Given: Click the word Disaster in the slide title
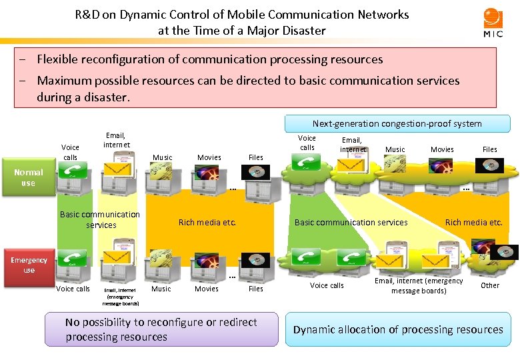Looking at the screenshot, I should tap(303, 31).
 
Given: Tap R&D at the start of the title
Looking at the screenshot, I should tap(87, 14).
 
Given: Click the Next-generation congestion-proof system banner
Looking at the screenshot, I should tap(397, 123).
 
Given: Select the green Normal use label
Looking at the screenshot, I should tap(28, 177).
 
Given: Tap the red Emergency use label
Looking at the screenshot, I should tap(29, 265).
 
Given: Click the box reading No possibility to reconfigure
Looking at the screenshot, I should tap(161, 329).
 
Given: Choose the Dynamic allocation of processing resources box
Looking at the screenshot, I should tap(398, 329).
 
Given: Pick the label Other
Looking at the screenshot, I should tap(490, 285).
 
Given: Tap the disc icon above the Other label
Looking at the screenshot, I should tap(505, 253).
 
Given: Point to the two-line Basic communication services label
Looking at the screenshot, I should tap(100, 219).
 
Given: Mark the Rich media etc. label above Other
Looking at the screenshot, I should tap(473, 223).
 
